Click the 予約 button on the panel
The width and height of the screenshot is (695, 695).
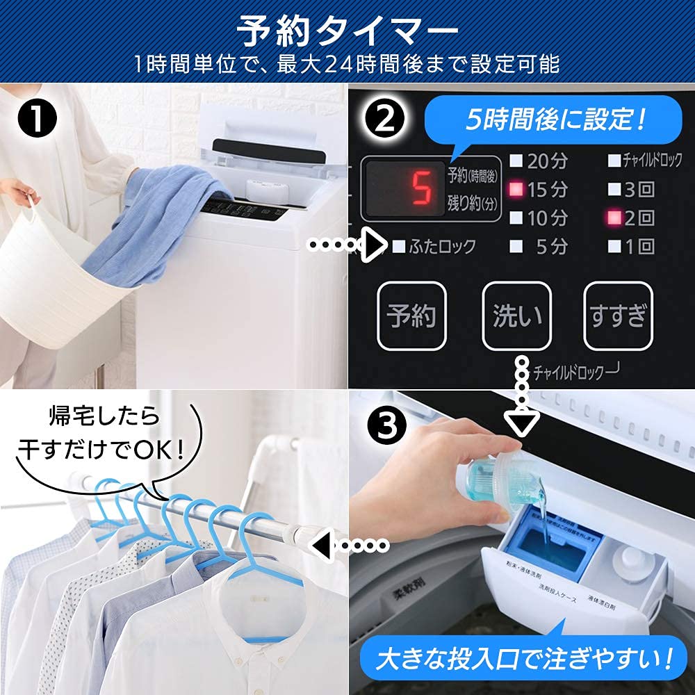tap(411, 316)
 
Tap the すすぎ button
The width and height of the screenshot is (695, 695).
tap(618, 316)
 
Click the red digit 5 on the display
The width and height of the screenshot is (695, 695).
tap(418, 188)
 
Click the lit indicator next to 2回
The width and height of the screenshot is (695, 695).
tap(614, 218)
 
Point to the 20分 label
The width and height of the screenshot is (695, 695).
tap(547, 161)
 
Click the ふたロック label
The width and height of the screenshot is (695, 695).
tap(443, 246)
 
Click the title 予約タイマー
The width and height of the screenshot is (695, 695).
tap(347, 31)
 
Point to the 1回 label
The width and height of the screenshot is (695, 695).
tap(638, 246)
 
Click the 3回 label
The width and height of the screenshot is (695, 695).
tap(638, 189)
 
